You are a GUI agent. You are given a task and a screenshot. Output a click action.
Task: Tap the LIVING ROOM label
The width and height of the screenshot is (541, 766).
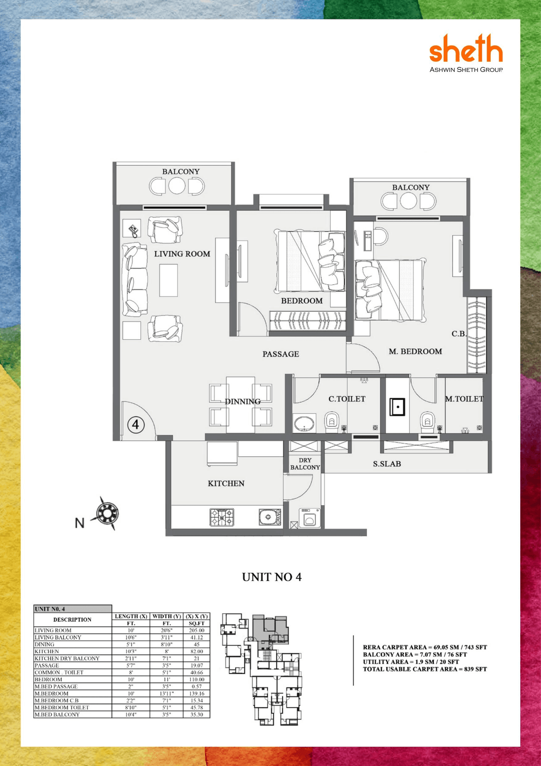[x=182, y=254]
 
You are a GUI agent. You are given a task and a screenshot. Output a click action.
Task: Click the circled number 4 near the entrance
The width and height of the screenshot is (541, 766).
[x=135, y=424]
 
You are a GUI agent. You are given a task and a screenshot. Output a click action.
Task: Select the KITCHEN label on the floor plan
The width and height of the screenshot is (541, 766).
[x=226, y=483]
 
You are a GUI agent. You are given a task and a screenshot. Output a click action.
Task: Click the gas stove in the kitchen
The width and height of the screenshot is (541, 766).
[x=222, y=517]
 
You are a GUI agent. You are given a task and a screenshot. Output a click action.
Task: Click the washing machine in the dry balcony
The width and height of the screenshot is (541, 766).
[x=309, y=518]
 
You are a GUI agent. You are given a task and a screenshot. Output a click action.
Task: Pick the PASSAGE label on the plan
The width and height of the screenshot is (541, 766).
[x=281, y=354]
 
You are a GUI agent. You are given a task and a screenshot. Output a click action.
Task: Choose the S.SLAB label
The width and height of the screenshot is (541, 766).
[x=387, y=464]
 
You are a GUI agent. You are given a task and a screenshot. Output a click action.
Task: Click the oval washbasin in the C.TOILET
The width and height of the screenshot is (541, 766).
[x=304, y=423]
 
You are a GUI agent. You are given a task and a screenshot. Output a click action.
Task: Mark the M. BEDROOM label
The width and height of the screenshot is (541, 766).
[x=415, y=351]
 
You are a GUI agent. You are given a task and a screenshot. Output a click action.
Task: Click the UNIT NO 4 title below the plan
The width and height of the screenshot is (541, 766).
[x=271, y=577]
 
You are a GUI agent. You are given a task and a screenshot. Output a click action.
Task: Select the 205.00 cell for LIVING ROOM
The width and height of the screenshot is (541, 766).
[x=197, y=630]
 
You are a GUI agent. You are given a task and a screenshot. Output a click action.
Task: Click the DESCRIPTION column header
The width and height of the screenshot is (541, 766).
[x=72, y=620]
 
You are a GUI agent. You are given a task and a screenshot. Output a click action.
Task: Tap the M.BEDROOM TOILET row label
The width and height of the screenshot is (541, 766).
[x=62, y=707]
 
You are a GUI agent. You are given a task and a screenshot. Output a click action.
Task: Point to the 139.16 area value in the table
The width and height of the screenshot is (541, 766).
[x=197, y=694]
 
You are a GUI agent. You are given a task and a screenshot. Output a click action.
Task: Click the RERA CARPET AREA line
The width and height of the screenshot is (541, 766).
[x=425, y=647]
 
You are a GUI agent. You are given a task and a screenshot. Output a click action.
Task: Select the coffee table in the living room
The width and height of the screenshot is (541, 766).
[x=168, y=280]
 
